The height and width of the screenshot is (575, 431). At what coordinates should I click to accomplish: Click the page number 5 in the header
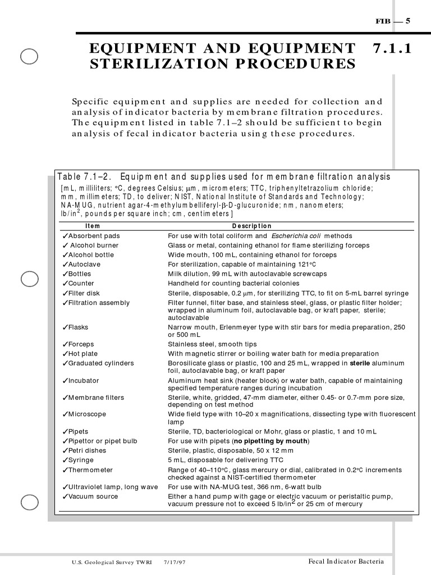408,21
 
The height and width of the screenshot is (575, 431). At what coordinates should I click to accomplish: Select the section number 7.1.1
392,49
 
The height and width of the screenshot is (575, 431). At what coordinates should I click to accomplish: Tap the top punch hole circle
29,56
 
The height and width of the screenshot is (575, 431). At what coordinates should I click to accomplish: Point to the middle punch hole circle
29,279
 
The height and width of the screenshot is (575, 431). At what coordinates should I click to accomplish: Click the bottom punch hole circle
29,501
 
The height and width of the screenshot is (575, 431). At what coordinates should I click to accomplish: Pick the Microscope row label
87,414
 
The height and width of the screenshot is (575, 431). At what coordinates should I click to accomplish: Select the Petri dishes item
87,450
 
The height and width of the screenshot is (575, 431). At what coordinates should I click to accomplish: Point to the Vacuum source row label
93,496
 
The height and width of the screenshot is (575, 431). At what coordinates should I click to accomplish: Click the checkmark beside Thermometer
65,470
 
